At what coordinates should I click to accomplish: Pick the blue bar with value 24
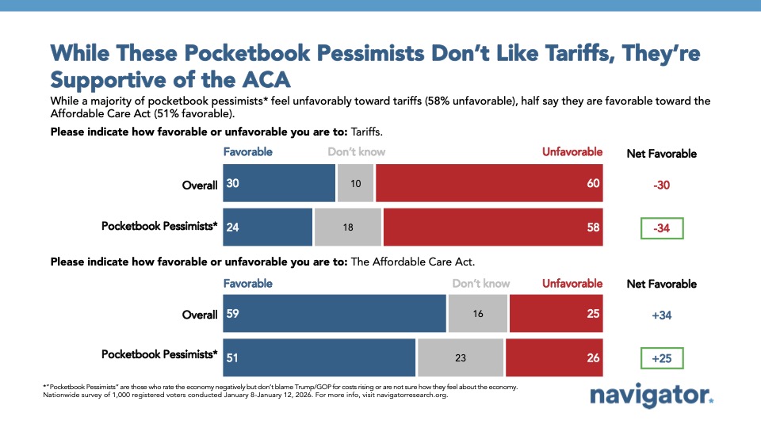tap(268, 226)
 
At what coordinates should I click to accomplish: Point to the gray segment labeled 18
tap(348, 226)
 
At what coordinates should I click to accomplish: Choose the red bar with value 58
tap(492, 226)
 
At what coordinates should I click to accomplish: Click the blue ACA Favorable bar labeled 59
tap(335, 314)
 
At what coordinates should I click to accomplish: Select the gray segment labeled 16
tap(478, 314)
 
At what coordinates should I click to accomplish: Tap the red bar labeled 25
tap(556, 314)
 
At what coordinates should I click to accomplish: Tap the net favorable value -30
tap(662, 185)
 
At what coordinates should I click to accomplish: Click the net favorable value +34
tap(662, 315)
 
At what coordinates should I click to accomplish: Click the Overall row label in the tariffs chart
tap(199, 185)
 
